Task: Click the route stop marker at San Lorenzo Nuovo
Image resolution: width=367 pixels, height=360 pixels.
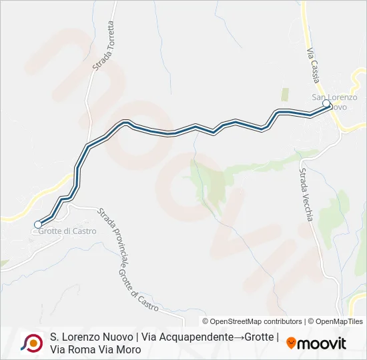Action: (x=326, y=103)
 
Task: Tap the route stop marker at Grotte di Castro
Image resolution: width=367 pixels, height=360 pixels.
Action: (x=38, y=225)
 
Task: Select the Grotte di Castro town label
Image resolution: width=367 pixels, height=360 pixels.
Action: (x=67, y=231)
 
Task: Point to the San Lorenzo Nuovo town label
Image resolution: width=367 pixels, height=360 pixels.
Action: (x=335, y=102)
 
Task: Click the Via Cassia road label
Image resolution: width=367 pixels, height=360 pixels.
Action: (x=313, y=65)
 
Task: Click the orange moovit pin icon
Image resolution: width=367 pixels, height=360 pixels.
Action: (x=291, y=343)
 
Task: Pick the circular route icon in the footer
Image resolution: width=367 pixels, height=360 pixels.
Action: (x=31, y=343)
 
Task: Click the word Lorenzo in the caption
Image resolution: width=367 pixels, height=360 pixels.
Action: (x=83, y=337)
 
